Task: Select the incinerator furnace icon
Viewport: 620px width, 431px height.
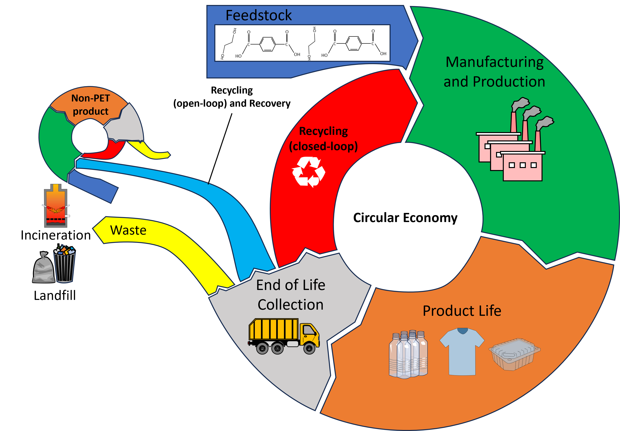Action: pos(56,206)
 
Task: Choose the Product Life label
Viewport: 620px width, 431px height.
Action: pos(462,311)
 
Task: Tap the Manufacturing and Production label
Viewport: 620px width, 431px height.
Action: pos(494,72)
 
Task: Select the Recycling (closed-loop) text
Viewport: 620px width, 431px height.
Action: pos(323,139)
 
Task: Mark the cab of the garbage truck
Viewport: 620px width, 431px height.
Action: pos(309,333)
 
